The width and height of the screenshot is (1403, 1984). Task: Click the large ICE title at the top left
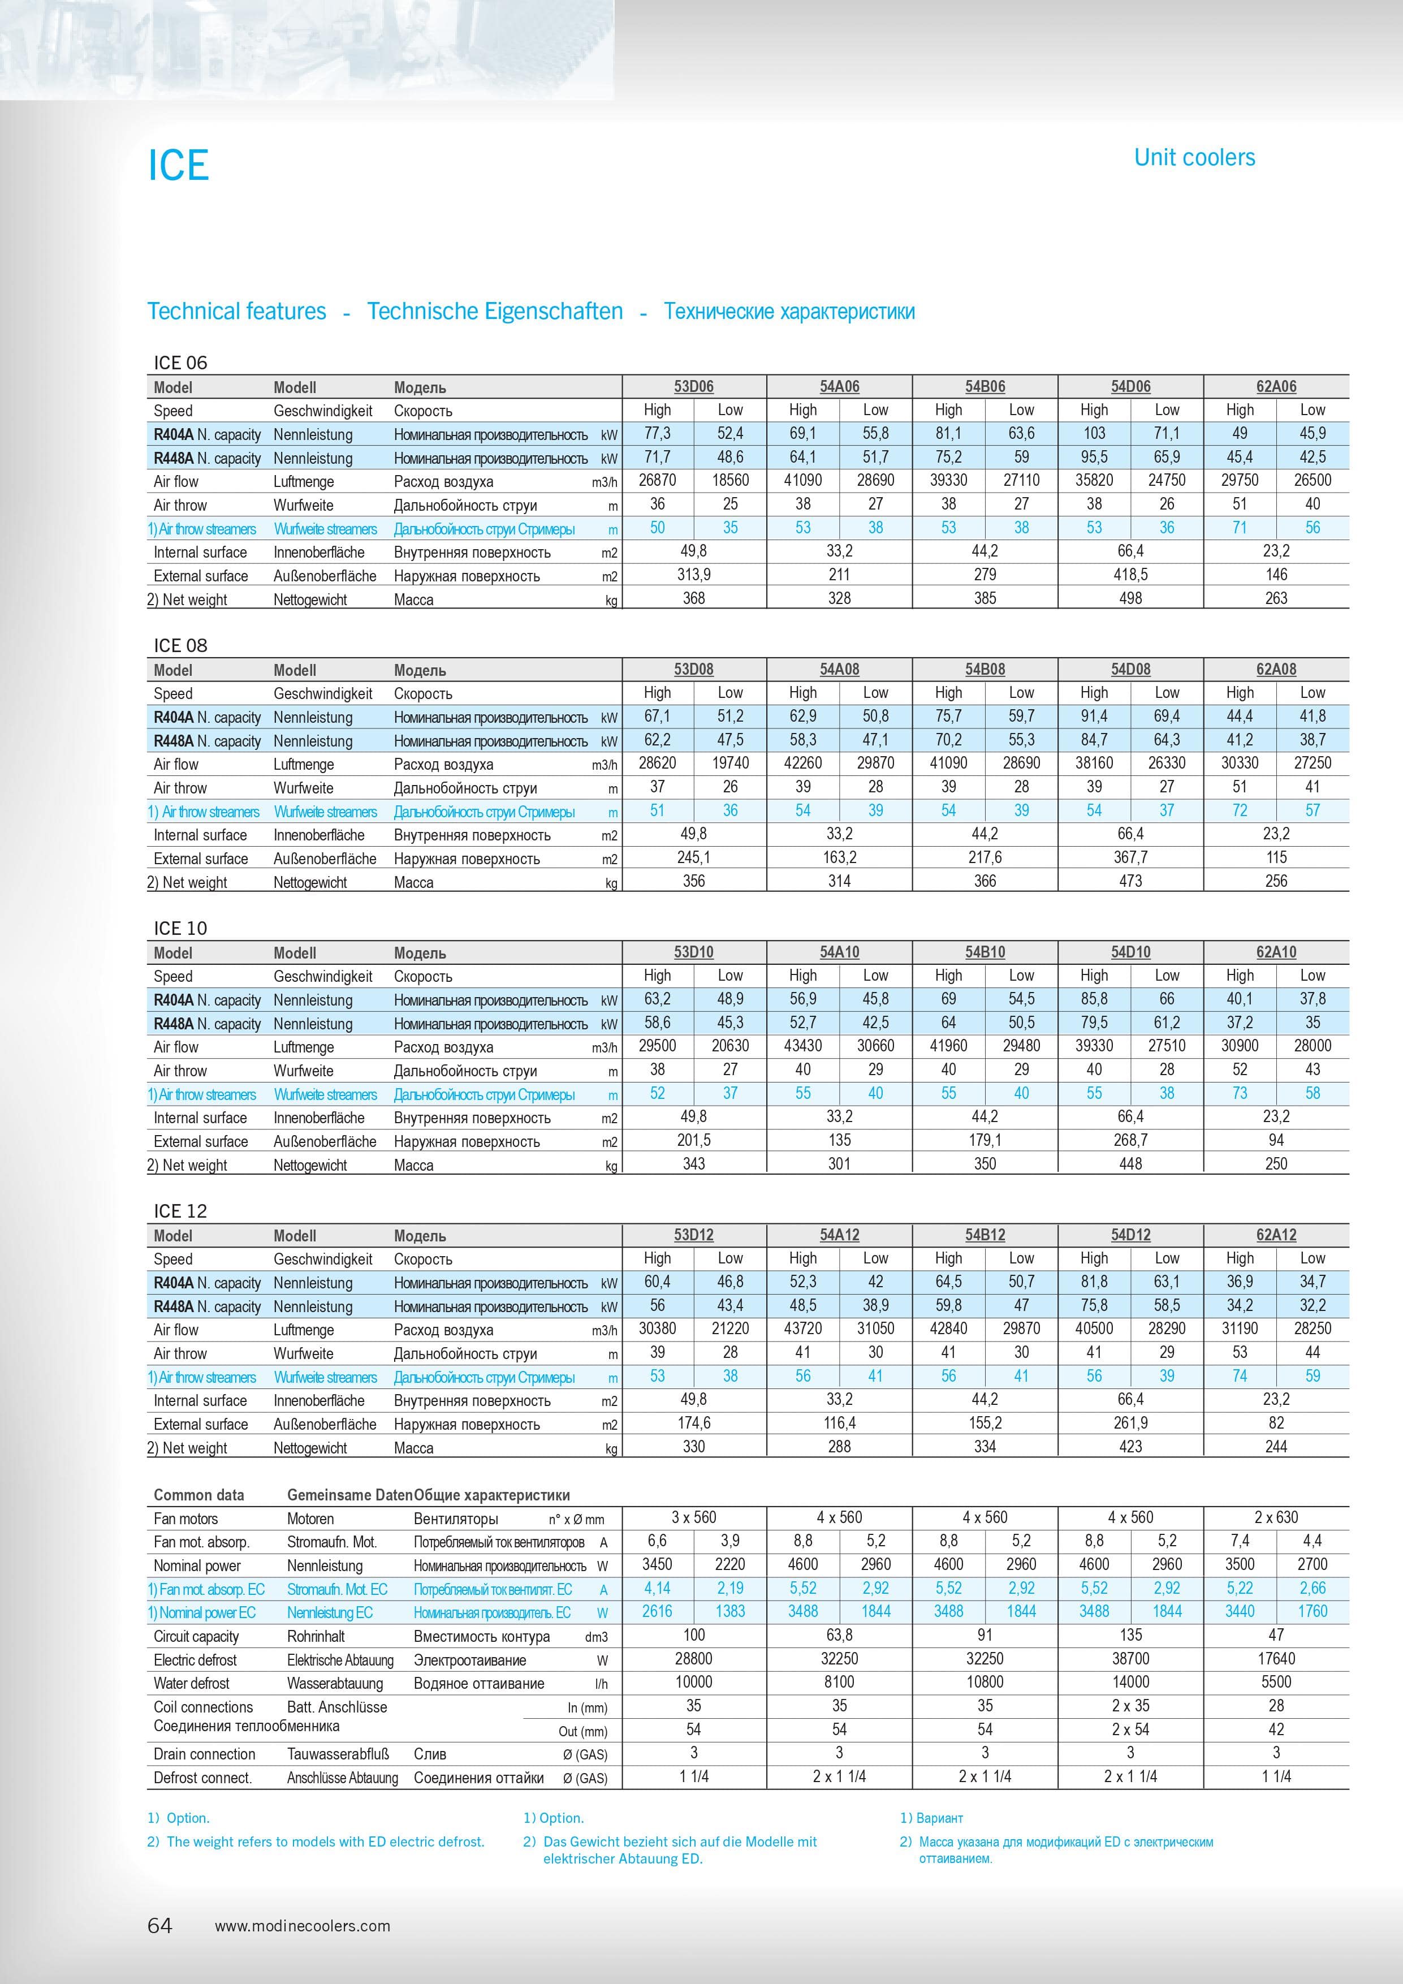[179, 165]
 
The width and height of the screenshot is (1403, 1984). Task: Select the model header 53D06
[694, 386]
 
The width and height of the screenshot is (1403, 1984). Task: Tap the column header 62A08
[1275, 669]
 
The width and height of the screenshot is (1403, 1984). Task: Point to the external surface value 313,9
[694, 575]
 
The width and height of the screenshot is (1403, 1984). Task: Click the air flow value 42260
[802, 763]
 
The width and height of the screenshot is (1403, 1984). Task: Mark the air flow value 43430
[802, 1046]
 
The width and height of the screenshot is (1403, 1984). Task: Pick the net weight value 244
[1275, 1447]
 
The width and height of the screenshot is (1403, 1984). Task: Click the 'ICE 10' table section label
[180, 928]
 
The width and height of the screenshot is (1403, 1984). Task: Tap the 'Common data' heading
[198, 1495]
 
